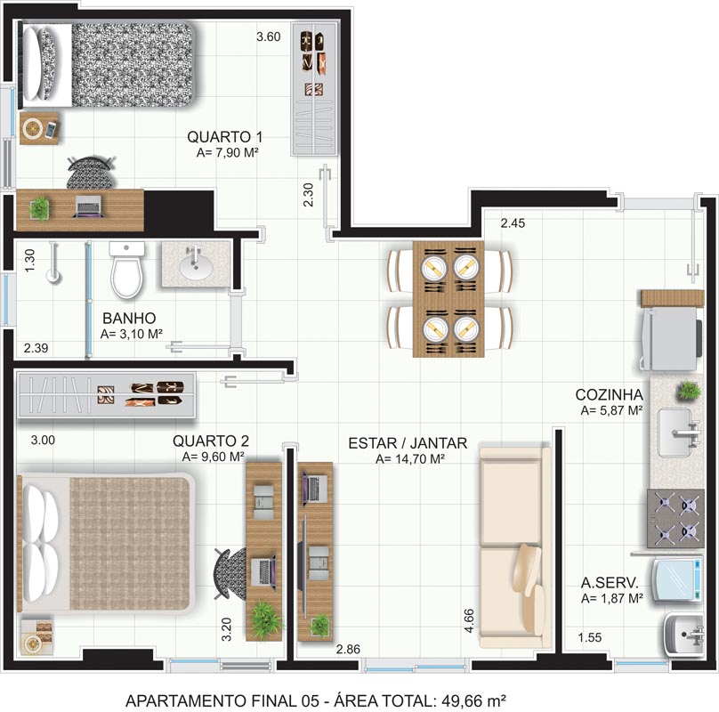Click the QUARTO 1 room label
(224, 137)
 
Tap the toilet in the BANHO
(126, 270)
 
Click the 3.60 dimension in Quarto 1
(268, 36)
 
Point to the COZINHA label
(609, 394)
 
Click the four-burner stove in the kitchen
(675, 518)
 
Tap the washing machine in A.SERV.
(677, 579)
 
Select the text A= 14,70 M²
(410, 458)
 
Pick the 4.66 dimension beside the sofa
(469, 620)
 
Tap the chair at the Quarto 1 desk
(91, 173)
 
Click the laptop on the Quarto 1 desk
(88, 206)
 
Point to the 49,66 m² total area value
(473, 700)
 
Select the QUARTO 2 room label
(211, 441)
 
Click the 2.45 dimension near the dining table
(513, 223)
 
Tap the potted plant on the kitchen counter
(688, 391)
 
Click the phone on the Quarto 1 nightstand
(51, 130)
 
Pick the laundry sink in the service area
(683, 635)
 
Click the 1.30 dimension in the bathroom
(29, 260)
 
